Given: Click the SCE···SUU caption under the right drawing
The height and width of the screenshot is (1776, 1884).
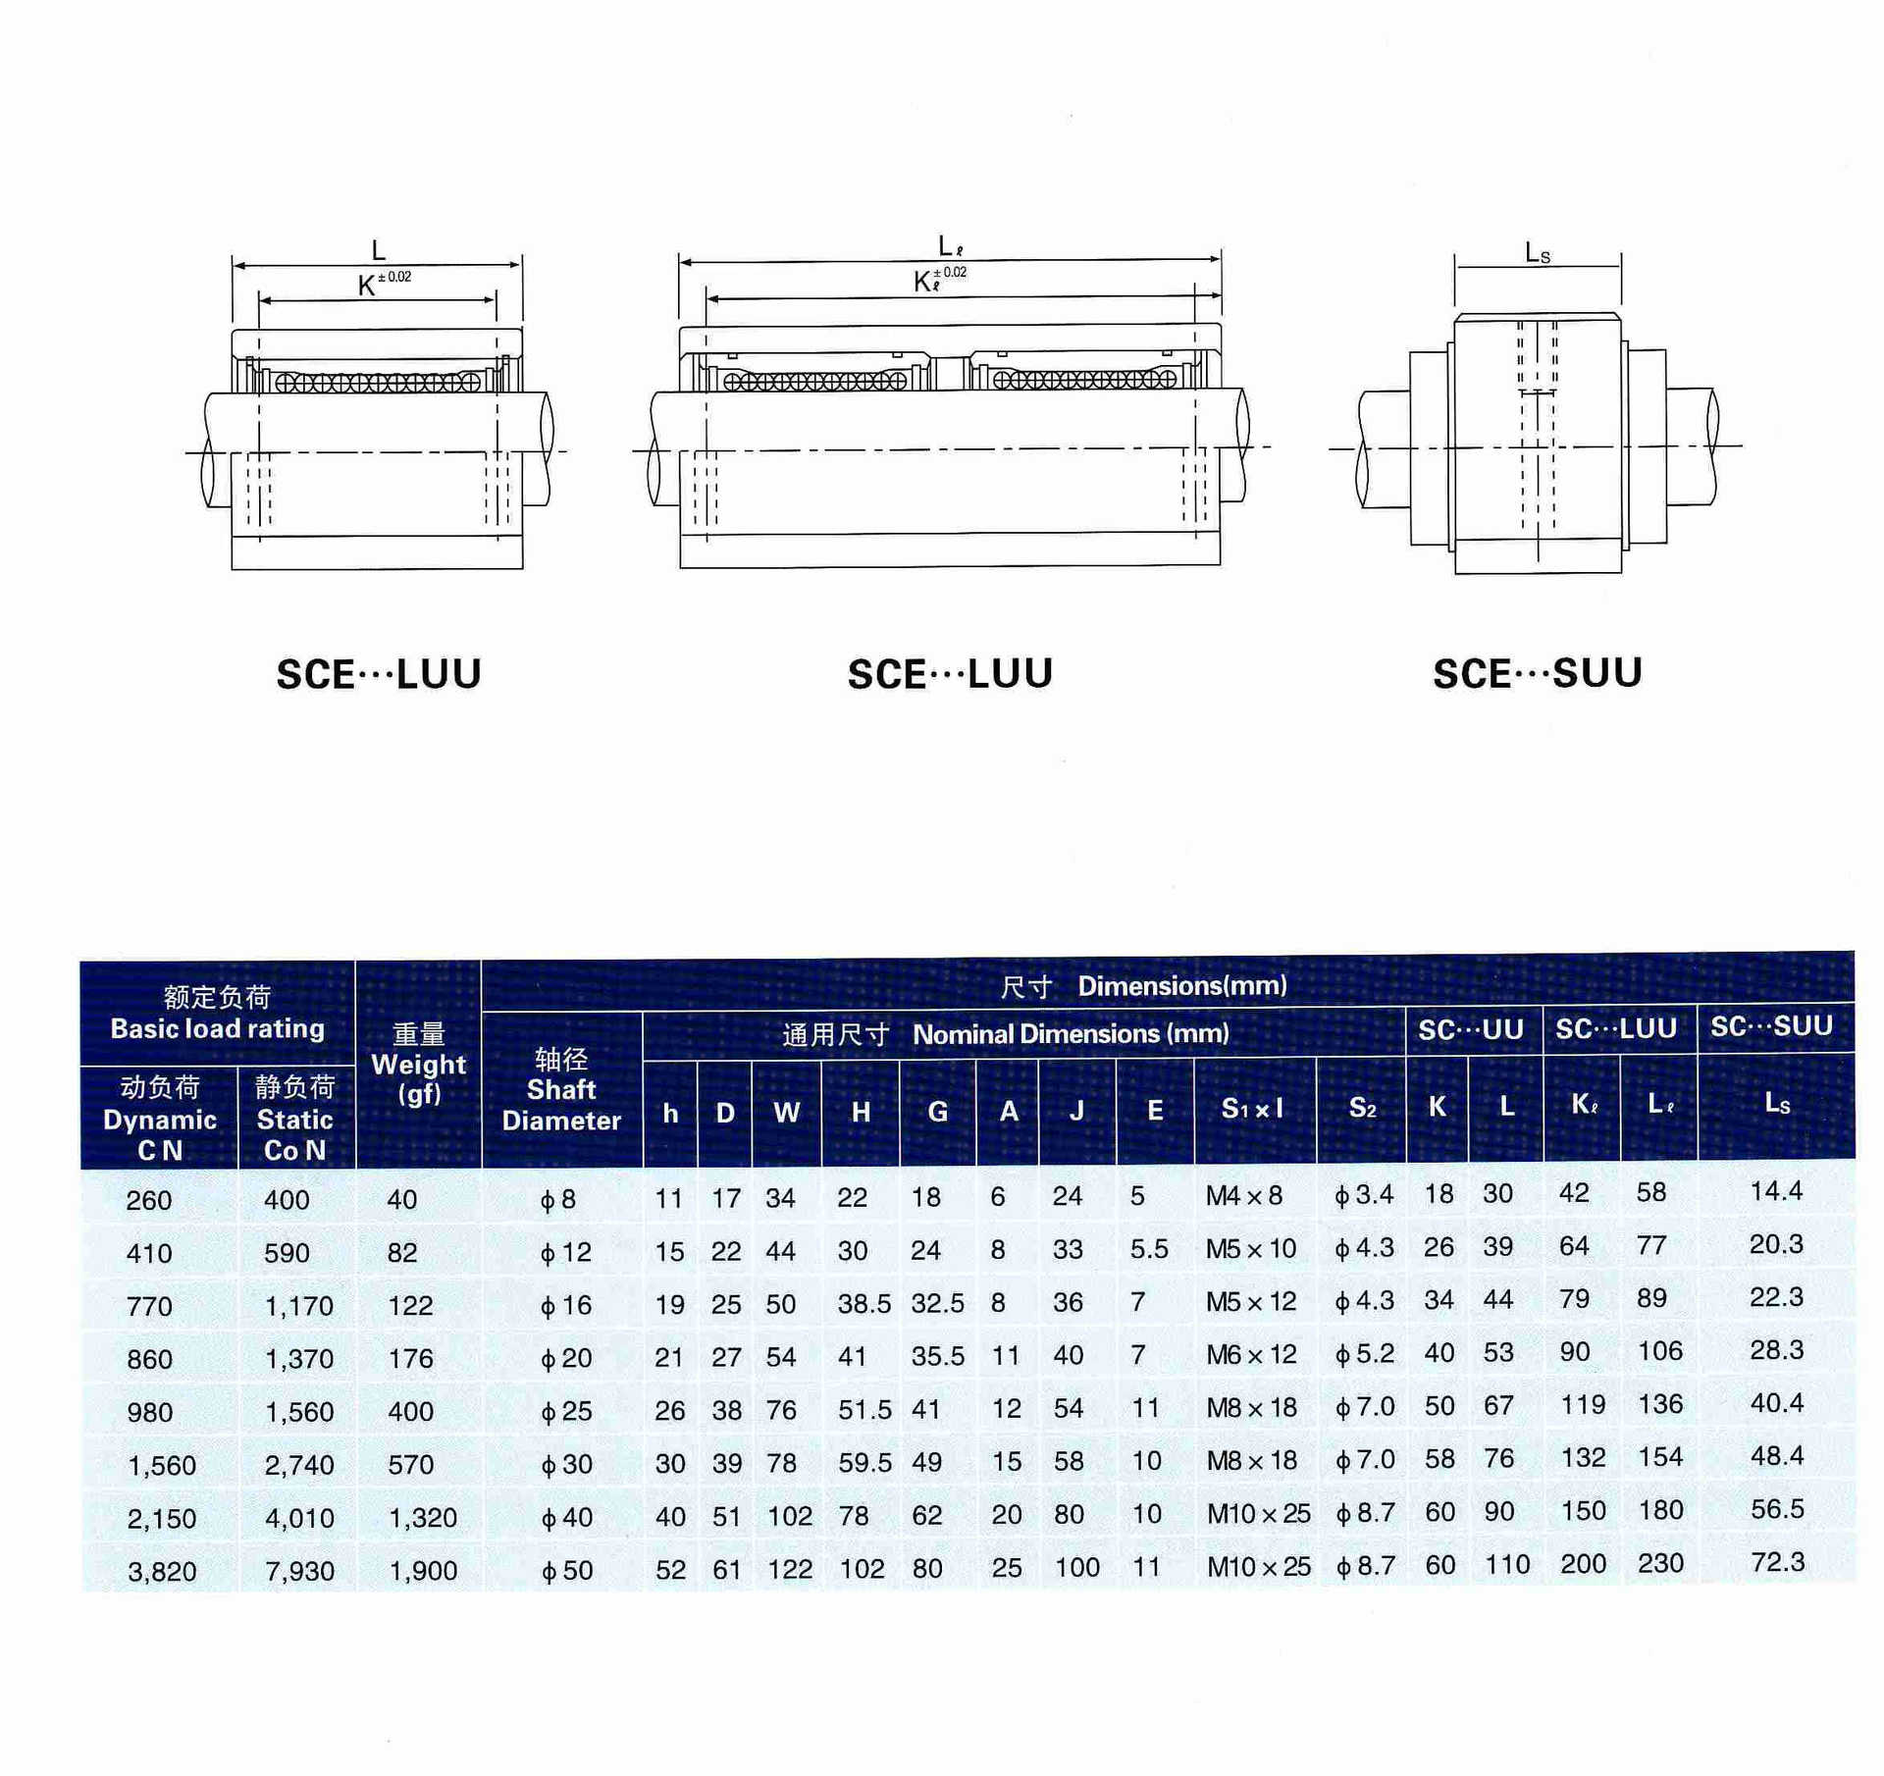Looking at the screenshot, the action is pos(1537,673).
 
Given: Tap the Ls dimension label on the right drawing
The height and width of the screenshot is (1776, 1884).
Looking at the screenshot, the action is pos(1537,253).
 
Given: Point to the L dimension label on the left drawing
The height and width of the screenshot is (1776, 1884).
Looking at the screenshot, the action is pos(378,250).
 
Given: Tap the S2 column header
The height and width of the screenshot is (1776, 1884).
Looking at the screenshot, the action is pos(1362,1108).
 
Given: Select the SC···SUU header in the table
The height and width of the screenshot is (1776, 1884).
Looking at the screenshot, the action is pos(1771,1026).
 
